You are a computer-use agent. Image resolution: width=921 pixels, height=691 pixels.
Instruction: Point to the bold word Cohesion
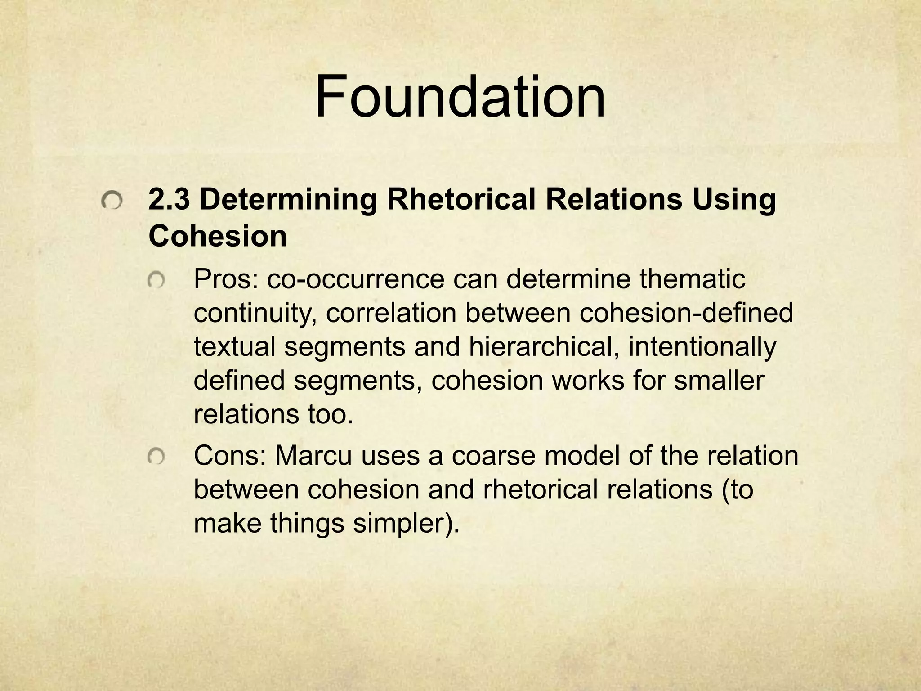pos(218,236)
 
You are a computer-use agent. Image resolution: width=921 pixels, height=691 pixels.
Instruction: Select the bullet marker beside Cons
pos(156,458)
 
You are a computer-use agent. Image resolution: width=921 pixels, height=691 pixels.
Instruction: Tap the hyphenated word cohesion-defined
pos(686,313)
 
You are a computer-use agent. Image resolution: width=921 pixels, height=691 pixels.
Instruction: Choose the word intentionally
pos(702,347)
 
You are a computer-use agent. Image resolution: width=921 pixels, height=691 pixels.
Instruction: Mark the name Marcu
pos(313,456)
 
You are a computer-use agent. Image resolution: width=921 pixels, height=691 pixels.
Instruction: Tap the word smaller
pos(719,381)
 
